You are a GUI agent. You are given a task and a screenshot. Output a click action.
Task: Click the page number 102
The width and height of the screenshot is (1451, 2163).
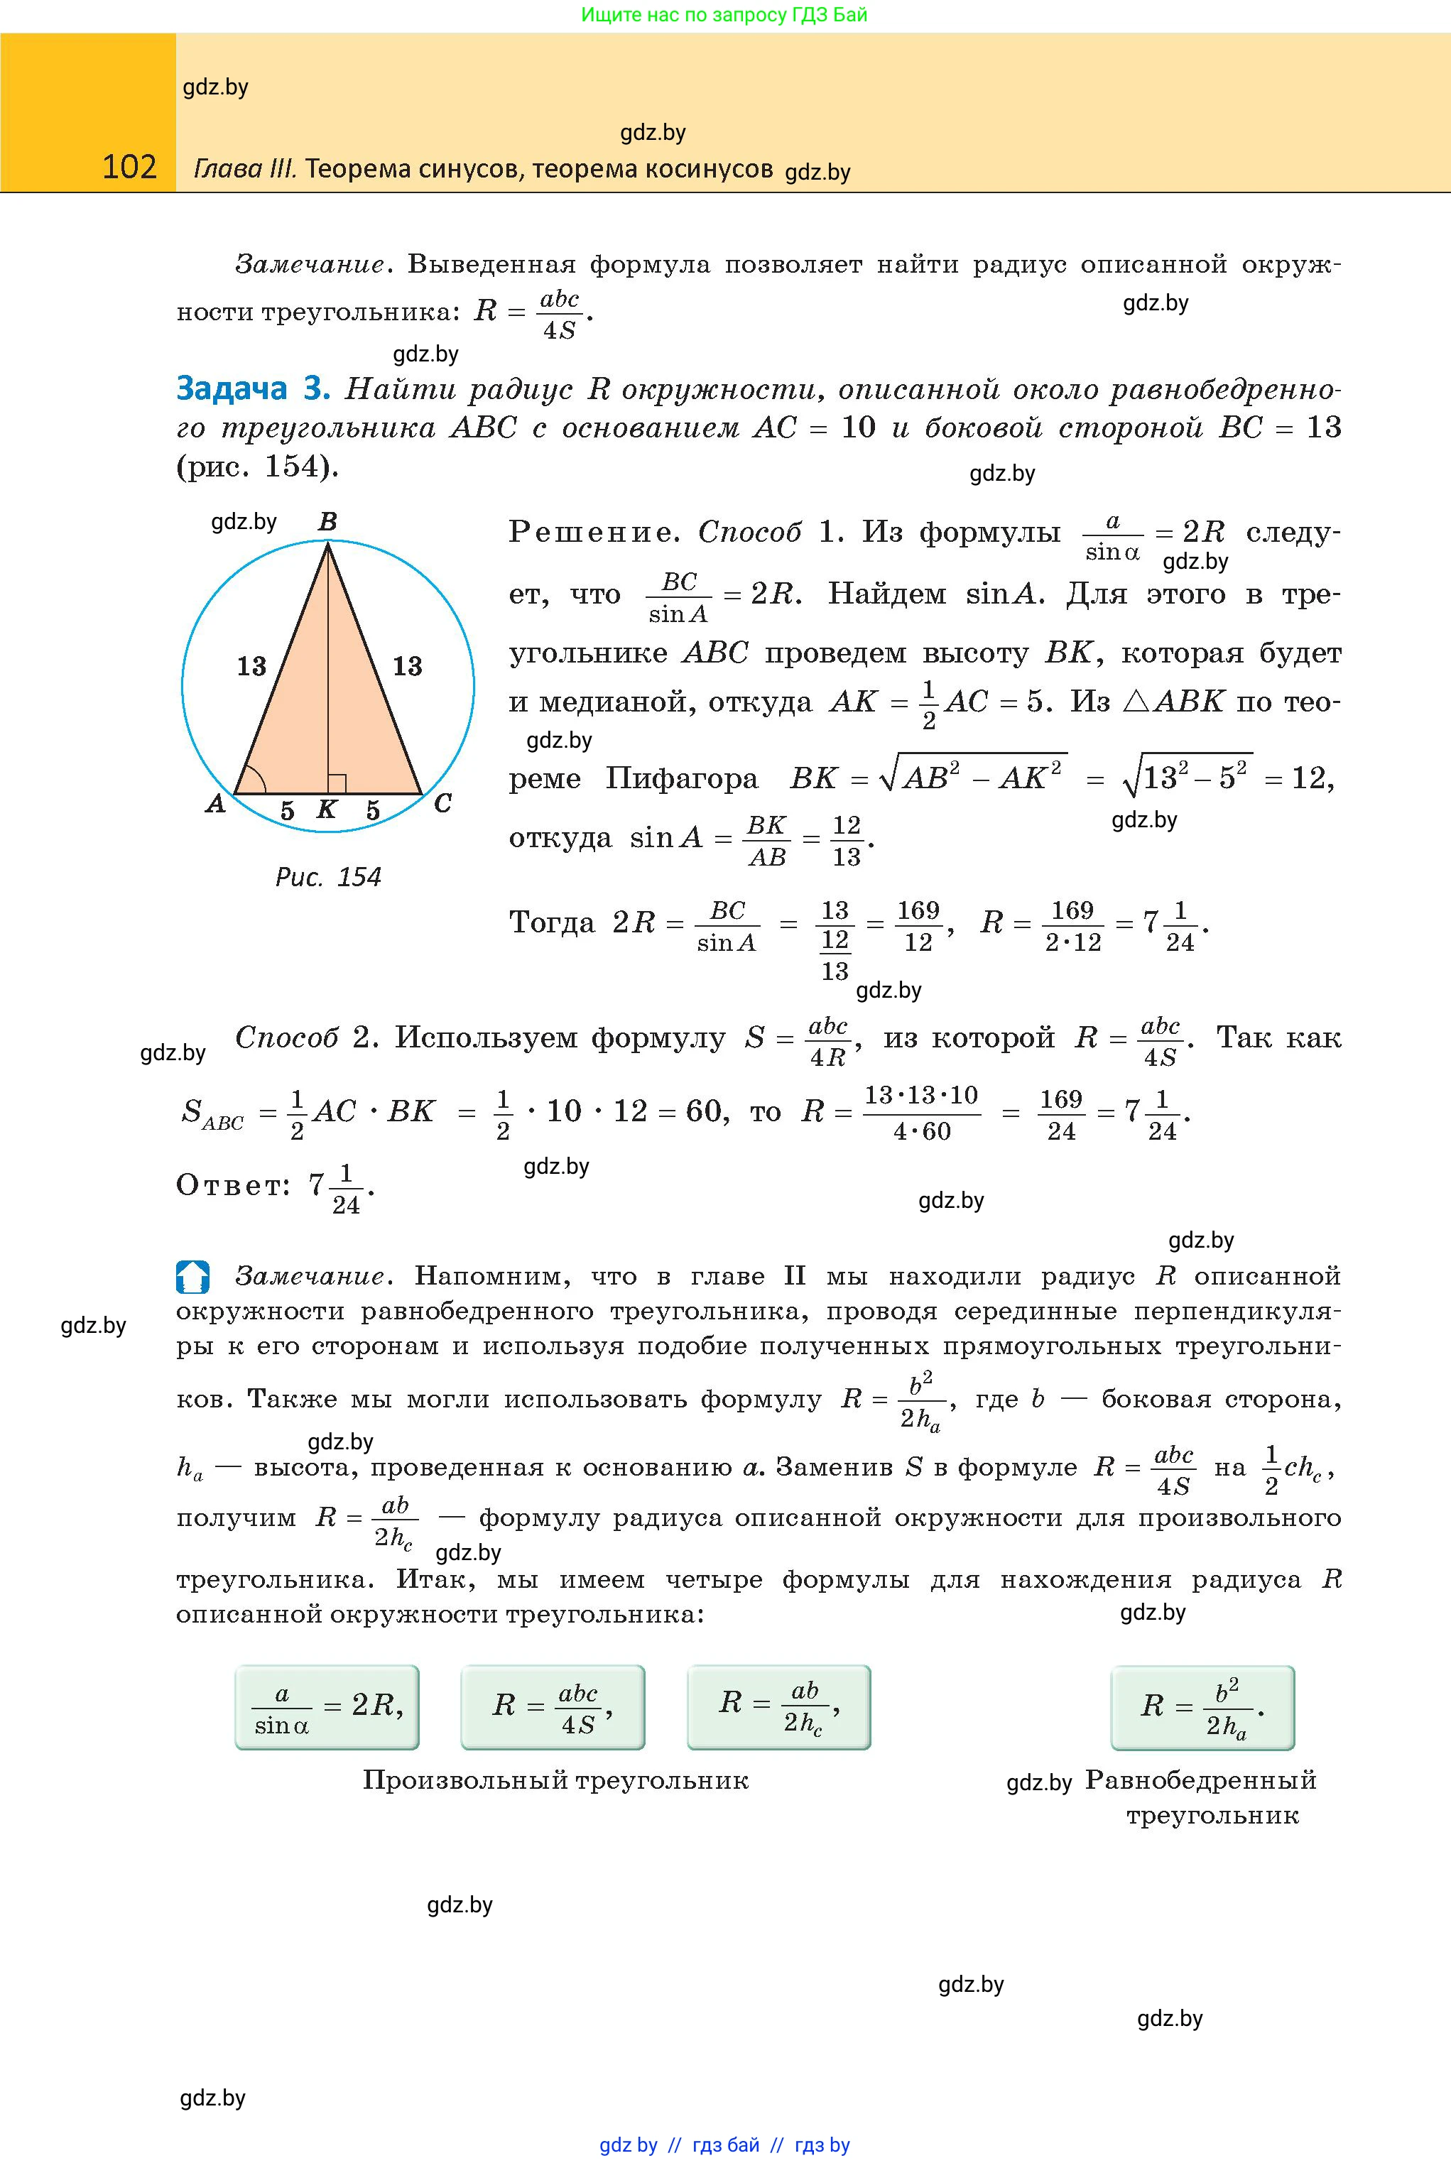129,167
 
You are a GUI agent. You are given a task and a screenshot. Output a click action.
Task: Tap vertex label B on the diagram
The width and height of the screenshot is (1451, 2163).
327,523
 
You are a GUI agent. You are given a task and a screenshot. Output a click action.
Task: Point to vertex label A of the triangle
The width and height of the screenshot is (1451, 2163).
216,804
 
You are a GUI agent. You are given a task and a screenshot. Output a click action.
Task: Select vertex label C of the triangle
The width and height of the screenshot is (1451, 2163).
442,804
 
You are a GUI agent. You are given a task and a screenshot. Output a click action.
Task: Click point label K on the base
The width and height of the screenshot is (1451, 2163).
327,810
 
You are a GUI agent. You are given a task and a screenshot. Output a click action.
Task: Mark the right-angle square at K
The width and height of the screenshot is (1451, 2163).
337,783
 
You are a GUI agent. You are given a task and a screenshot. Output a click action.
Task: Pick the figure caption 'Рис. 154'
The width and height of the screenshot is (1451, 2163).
329,877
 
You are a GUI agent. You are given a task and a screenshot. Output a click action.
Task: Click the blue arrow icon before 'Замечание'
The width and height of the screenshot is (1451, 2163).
192,1277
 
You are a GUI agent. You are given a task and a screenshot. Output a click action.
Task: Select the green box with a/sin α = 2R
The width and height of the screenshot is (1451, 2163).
327,1707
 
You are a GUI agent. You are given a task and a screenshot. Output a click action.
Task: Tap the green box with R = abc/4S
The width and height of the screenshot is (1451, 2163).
553,1707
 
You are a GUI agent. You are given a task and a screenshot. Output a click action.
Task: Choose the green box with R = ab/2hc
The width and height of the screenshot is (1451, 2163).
778,1707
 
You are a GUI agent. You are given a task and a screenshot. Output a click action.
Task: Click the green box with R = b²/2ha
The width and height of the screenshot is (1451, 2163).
1202,1707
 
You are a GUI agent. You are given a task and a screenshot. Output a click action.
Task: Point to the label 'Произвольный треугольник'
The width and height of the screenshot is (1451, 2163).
555,1780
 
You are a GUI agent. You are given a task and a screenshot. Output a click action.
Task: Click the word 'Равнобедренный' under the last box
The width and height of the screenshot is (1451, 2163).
1201,1780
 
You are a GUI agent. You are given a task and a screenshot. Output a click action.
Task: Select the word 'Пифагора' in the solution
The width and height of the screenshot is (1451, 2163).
682,779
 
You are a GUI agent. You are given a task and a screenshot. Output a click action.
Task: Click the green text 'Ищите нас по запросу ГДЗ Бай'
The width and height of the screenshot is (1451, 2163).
724,15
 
